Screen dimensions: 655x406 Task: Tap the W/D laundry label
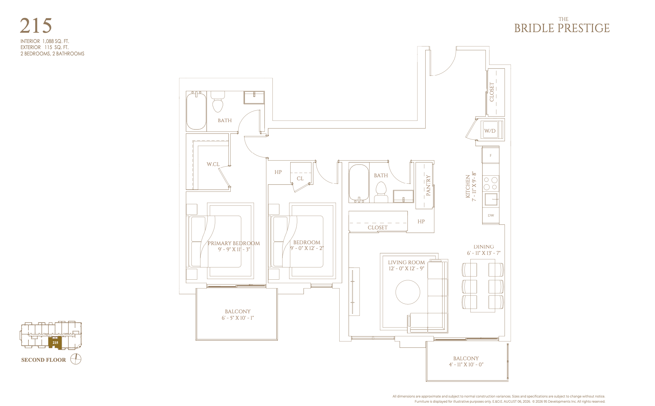coord(490,131)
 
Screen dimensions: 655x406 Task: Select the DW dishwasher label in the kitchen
coord(491,215)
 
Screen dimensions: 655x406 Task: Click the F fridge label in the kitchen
coord(491,155)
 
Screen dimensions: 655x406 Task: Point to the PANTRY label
coord(428,185)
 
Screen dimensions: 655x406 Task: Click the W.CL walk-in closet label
coord(213,164)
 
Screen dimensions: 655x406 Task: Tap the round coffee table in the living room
coord(408,292)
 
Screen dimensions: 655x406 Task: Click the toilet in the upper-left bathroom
coord(218,102)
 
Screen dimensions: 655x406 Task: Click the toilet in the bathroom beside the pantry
coord(381,192)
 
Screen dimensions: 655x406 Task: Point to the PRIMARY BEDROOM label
coord(234,243)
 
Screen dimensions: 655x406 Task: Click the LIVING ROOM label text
coord(406,262)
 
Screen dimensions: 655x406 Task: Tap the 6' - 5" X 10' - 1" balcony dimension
coord(238,318)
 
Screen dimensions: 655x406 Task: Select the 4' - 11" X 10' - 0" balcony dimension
coord(466,364)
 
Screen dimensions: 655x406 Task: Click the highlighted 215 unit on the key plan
coord(55,343)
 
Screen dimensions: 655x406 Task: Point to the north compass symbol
coord(76,359)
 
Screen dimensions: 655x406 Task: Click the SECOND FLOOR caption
coord(44,360)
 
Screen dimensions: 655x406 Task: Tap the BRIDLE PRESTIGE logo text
coord(562,28)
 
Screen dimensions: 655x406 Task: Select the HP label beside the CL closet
coord(278,172)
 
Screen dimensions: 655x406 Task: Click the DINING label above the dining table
coord(484,247)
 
